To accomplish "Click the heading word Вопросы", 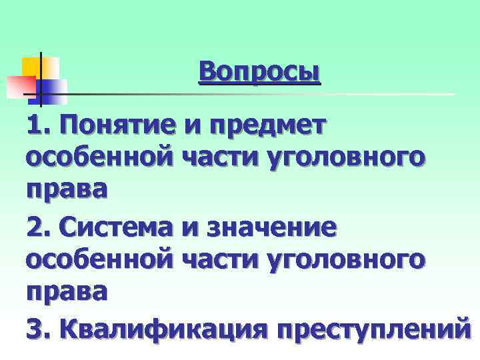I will pos(259,72).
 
